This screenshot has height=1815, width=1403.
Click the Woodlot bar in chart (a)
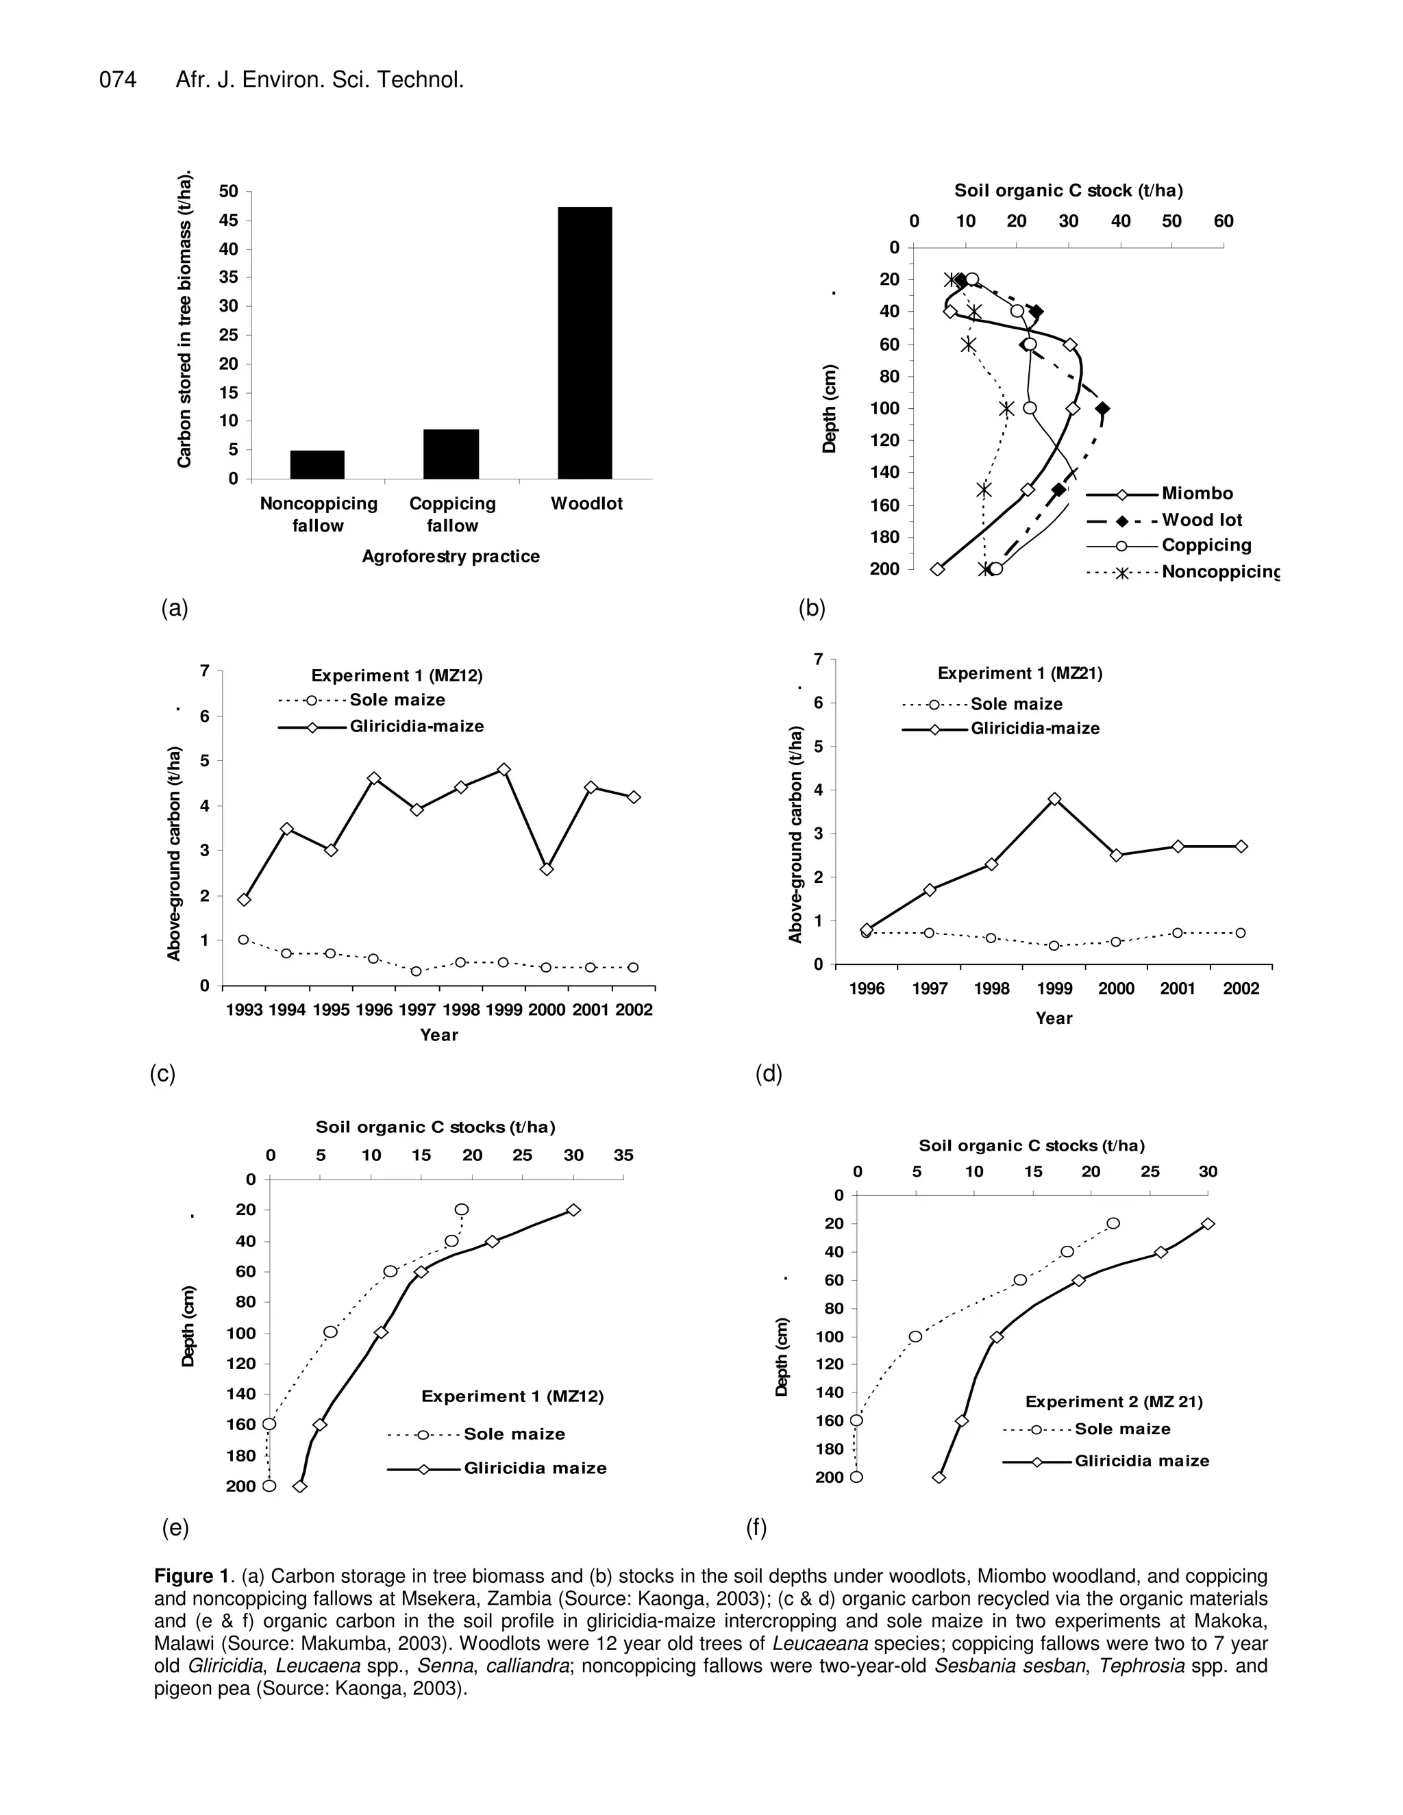tap(584, 342)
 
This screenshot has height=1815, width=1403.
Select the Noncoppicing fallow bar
tap(316, 464)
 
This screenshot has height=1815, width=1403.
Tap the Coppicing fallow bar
tap(451, 453)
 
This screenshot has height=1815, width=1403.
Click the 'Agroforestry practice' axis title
tap(451, 557)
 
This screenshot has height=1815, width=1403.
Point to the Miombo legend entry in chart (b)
tap(1197, 494)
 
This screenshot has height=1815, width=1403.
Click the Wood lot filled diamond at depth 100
tap(1102, 409)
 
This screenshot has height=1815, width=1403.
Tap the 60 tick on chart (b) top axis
tap(1224, 221)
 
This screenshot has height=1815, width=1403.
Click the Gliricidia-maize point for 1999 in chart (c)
tap(503, 770)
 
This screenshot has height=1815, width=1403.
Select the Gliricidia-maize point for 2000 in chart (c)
tap(546, 869)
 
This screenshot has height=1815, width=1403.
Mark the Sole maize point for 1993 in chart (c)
tap(243, 940)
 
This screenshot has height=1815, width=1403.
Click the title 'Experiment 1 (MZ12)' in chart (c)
tap(397, 675)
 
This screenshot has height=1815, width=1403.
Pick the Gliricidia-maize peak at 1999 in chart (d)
tap(1054, 799)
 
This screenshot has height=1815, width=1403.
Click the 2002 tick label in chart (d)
tap(1240, 989)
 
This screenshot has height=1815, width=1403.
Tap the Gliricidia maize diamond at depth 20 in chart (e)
tap(573, 1210)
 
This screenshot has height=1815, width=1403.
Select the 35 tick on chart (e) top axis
tap(623, 1155)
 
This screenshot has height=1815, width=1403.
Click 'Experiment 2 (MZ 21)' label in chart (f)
tap(1114, 1402)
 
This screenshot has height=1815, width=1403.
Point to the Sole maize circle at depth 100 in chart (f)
tap(915, 1337)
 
